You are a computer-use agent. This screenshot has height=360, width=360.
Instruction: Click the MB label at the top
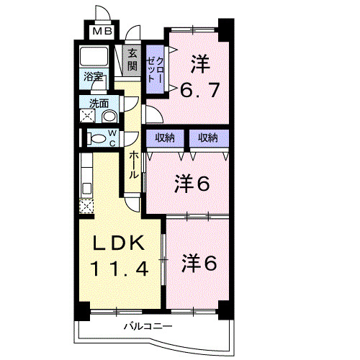point(102,32)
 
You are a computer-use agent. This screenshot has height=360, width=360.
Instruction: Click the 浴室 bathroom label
point(94,76)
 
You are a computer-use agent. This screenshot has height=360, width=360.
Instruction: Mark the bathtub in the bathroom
point(94,57)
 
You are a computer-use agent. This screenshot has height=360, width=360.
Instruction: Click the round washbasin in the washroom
point(109,116)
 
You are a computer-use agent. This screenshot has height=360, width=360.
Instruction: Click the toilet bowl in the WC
point(95,138)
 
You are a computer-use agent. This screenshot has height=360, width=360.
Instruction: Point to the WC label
point(112,138)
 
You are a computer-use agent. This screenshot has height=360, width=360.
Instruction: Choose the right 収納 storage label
point(209,138)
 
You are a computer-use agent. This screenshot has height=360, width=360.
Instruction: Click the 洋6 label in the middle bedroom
point(191,184)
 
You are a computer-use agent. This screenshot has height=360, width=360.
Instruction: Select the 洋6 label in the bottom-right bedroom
point(199,263)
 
